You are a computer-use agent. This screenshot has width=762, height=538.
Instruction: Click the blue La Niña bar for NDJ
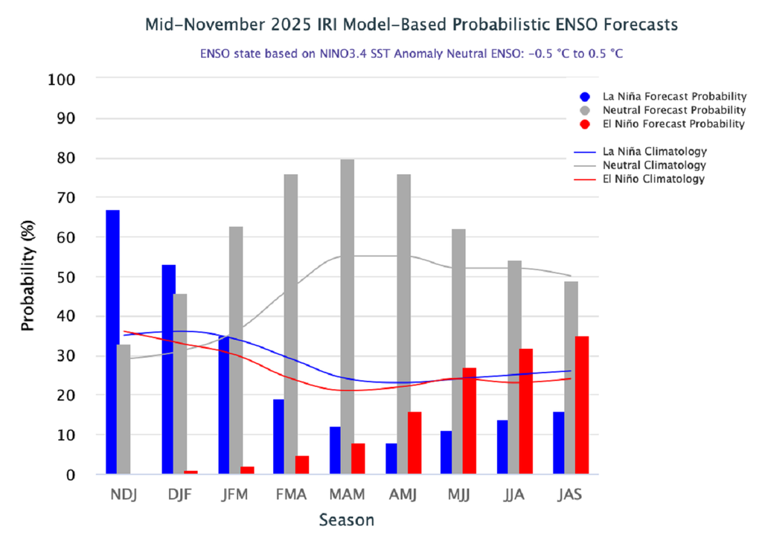point(112,342)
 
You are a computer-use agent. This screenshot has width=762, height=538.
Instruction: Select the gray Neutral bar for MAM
point(347,317)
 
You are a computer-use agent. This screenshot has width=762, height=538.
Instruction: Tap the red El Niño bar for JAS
point(582,406)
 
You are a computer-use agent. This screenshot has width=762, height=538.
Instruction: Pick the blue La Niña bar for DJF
point(169,369)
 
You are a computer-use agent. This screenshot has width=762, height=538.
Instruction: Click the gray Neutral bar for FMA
point(290,324)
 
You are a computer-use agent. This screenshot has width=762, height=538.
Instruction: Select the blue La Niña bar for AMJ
point(391,458)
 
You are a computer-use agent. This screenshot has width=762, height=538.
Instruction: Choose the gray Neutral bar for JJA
point(514,368)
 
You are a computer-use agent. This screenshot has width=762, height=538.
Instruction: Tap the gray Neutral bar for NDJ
point(124,409)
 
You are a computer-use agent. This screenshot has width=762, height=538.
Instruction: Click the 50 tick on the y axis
point(67,277)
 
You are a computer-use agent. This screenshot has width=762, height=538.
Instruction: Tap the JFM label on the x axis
point(235,494)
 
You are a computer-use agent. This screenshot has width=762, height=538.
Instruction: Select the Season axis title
point(347,519)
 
